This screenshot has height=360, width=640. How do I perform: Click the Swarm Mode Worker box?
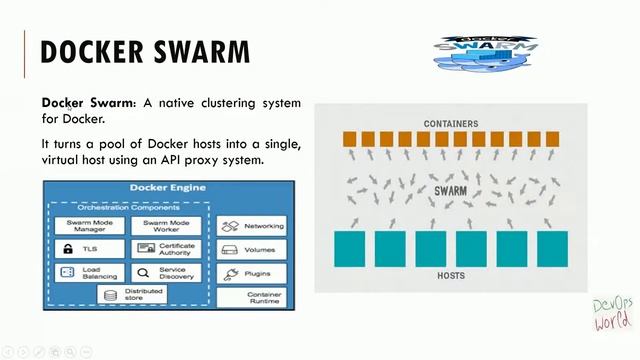(166, 226)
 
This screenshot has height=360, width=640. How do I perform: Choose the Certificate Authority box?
(166, 249)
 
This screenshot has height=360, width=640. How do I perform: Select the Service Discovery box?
(166, 272)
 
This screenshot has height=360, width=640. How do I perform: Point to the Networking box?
(251, 226)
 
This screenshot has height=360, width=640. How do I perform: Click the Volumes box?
(251, 250)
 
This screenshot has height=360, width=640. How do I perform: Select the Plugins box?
(251, 273)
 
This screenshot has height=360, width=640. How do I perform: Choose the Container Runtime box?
(251, 297)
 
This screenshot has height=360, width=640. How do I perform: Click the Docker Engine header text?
(167, 188)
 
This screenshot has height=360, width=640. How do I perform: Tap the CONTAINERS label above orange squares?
(450, 124)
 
